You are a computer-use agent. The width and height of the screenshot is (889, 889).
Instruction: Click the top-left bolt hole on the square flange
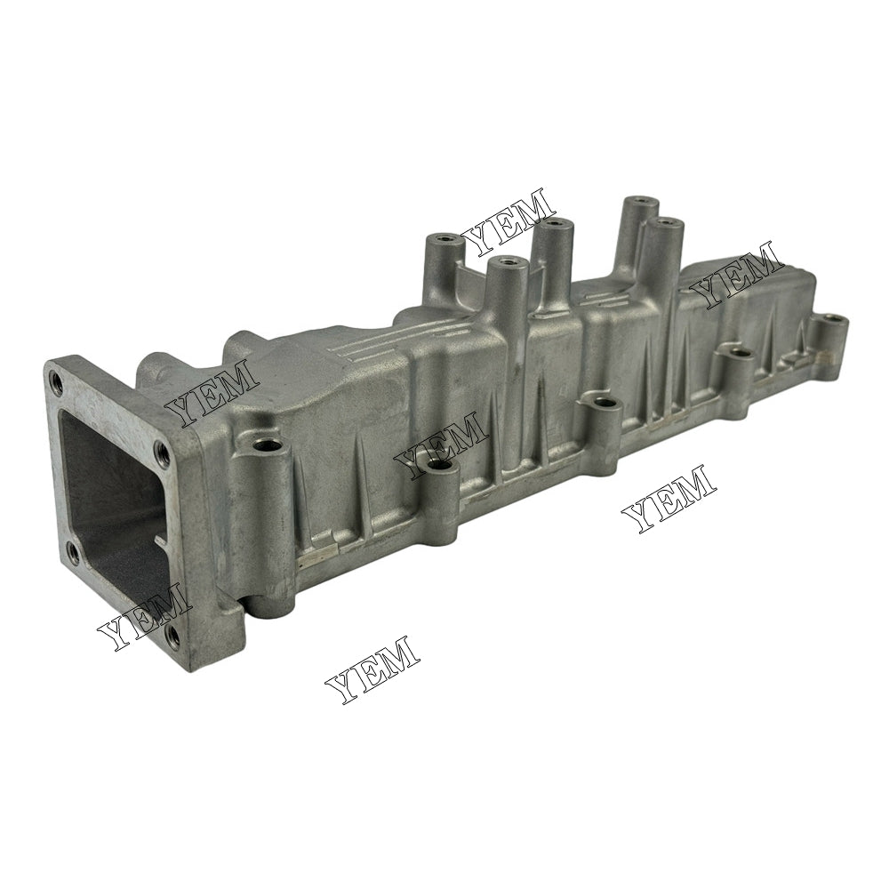[x=57, y=383]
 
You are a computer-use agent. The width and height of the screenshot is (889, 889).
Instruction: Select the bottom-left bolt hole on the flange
[x=73, y=555]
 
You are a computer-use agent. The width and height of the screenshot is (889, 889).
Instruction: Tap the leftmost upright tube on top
[x=442, y=243]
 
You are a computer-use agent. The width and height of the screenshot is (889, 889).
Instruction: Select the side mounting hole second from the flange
[x=437, y=464]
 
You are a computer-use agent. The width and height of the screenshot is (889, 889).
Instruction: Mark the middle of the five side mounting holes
[x=606, y=403]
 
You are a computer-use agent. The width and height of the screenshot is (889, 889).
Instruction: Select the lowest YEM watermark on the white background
[x=372, y=670]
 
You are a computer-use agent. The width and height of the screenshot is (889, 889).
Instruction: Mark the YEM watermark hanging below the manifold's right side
[x=668, y=498]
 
